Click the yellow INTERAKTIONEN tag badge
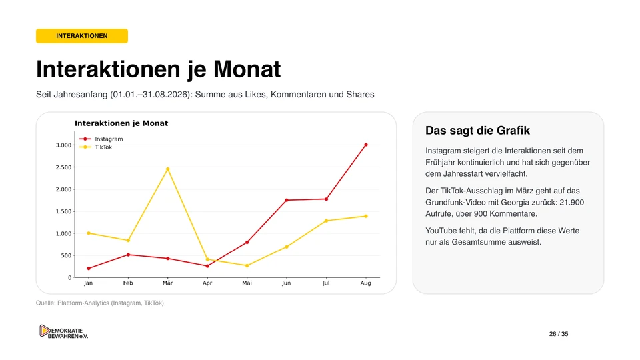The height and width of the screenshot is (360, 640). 81,36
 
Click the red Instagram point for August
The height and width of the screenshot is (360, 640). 366,145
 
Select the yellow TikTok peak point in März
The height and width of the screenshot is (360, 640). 168,169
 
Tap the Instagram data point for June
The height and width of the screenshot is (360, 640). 287,200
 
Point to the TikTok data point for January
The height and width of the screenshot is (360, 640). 89,233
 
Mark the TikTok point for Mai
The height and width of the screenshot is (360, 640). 247,266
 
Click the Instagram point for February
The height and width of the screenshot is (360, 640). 128,255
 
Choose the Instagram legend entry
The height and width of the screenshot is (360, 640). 101,139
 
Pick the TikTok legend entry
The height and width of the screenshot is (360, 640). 95,147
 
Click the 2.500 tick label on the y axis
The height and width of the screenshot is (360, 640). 64,167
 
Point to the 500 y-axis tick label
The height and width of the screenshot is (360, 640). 66,255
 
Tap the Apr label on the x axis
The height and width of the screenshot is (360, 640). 207,283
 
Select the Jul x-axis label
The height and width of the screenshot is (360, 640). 326,283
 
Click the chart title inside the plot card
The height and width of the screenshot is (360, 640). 121,123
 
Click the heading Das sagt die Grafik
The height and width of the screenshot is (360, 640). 477,131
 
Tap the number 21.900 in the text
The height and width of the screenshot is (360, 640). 571,203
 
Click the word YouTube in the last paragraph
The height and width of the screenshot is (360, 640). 441,231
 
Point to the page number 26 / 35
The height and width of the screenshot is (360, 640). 559,334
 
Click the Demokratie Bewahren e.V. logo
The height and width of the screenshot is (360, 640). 64,332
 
